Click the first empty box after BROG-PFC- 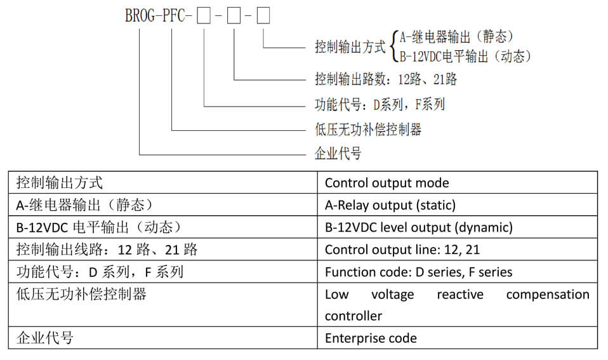pos(204,16)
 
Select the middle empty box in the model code pos(234,16)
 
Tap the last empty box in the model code pos(263,16)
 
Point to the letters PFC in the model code pos(174,16)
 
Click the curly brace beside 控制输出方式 pos(394,46)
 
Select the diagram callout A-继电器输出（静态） pos(457,37)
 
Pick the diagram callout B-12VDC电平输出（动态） pos(465,57)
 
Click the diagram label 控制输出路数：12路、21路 pos(386,79)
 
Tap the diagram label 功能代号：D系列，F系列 pos(380,104)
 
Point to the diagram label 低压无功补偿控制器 pos(368,129)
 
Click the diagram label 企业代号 pos(338,154)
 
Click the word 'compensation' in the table pos(548,295)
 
